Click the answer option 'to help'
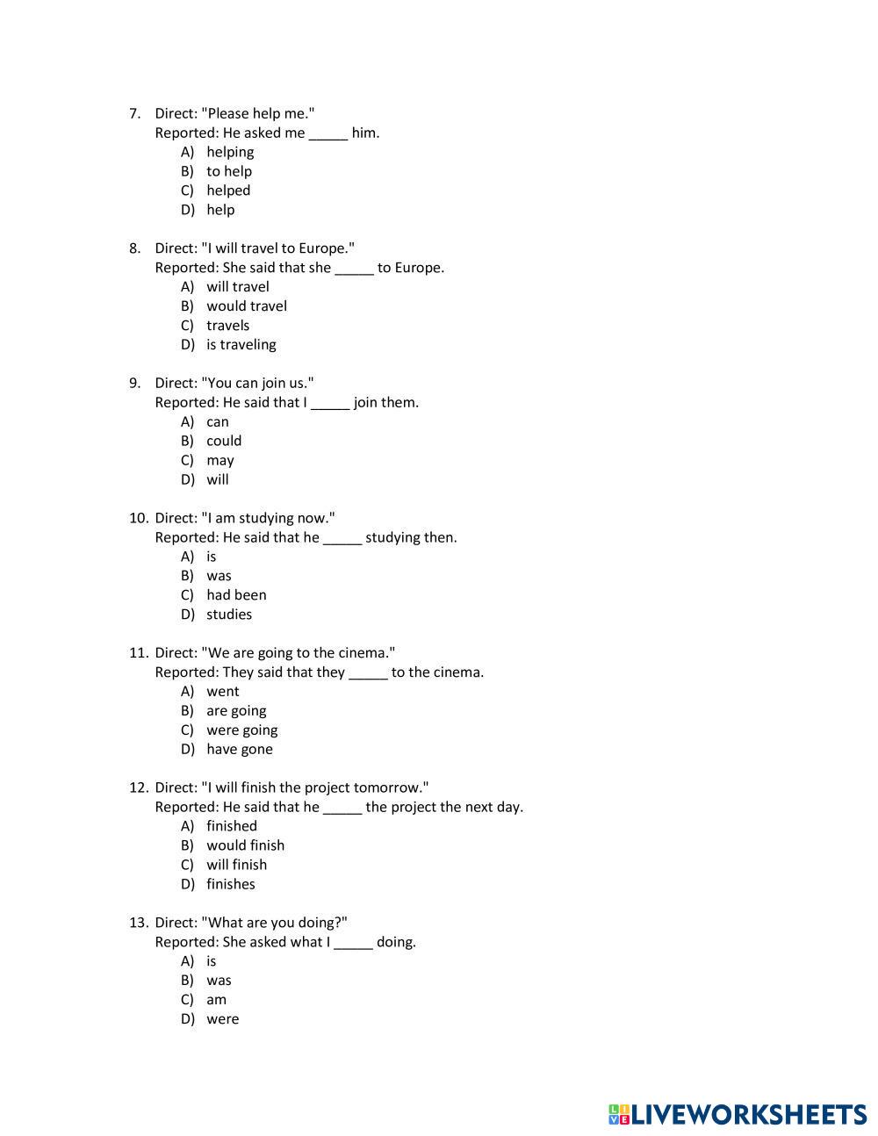coord(228,171)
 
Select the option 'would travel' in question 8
coord(246,306)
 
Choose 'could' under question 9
coord(223,441)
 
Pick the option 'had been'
coord(235,595)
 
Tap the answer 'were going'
coord(241,730)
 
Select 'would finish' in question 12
coord(245,845)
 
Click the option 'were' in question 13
coord(222,1019)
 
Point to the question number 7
coord(134,113)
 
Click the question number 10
coord(138,518)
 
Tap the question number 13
coord(138,923)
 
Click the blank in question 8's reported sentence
coord(354,269)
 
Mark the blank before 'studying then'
coord(342,538)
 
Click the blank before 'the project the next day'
coord(342,808)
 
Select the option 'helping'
coord(230,152)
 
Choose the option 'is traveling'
coord(241,345)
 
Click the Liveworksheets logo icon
coord(619,1115)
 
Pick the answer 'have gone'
coord(239,750)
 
